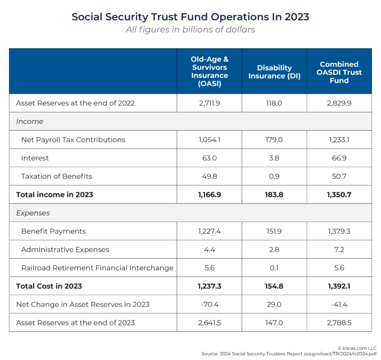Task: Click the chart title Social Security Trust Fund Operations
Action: coord(190,16)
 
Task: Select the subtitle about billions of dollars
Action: coord(190,30)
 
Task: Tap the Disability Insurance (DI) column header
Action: coord(274,72)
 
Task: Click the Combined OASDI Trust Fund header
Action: coord(339,72)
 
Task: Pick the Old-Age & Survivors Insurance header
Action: coord(209,72)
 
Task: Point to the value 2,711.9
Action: coord(209,103)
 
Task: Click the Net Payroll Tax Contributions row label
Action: coord(73,140)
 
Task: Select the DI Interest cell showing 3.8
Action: coord(274,158)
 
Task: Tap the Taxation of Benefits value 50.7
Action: coord(339,176)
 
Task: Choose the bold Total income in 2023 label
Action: coord(55,195)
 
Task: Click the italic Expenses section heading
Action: coord(33,213)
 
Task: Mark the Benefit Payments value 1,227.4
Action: coord(209,231)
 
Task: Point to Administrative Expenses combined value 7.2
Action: coord(339,249)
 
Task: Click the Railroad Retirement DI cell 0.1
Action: coord(274,268)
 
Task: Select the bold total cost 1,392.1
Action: coord(339,286)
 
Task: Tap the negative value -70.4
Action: coord(209,304)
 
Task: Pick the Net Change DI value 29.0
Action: coord(274,304)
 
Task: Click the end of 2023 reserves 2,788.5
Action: coord(339,323)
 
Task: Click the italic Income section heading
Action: coord(30,122)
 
